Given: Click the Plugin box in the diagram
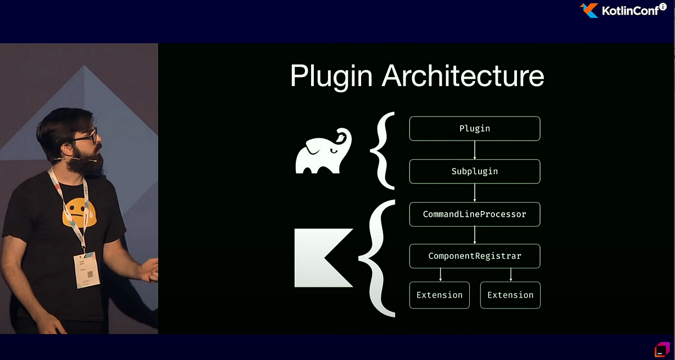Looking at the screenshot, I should click(x=474, y=128).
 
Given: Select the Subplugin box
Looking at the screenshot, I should click(x=474, y=171).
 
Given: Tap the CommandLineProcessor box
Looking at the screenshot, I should click(x=474, y=214).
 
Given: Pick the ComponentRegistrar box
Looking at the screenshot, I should click(x=474, y=256).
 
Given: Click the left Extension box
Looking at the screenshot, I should click(x=439, y=295).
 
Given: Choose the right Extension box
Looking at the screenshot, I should click(x=510, y=295).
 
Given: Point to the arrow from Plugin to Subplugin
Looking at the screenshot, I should click(x=475, y=150).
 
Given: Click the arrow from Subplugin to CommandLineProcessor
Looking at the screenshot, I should click(x=475, y=192).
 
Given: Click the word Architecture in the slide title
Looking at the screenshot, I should click(x=462, y=76).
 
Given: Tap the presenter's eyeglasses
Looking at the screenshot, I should click(x=85, y=137).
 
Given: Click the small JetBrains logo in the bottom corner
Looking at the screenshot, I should click(x=661, y=349).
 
